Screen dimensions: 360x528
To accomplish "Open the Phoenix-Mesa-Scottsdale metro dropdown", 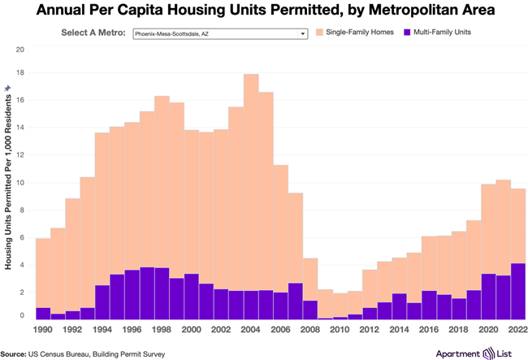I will pos(219,34).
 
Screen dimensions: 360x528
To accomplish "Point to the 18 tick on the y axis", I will pos(20,73).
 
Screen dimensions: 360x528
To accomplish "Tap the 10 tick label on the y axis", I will pos(20,183).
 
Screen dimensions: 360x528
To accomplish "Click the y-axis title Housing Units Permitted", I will pos(7,203).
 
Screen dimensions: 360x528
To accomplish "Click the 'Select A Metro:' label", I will pos(93,34).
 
